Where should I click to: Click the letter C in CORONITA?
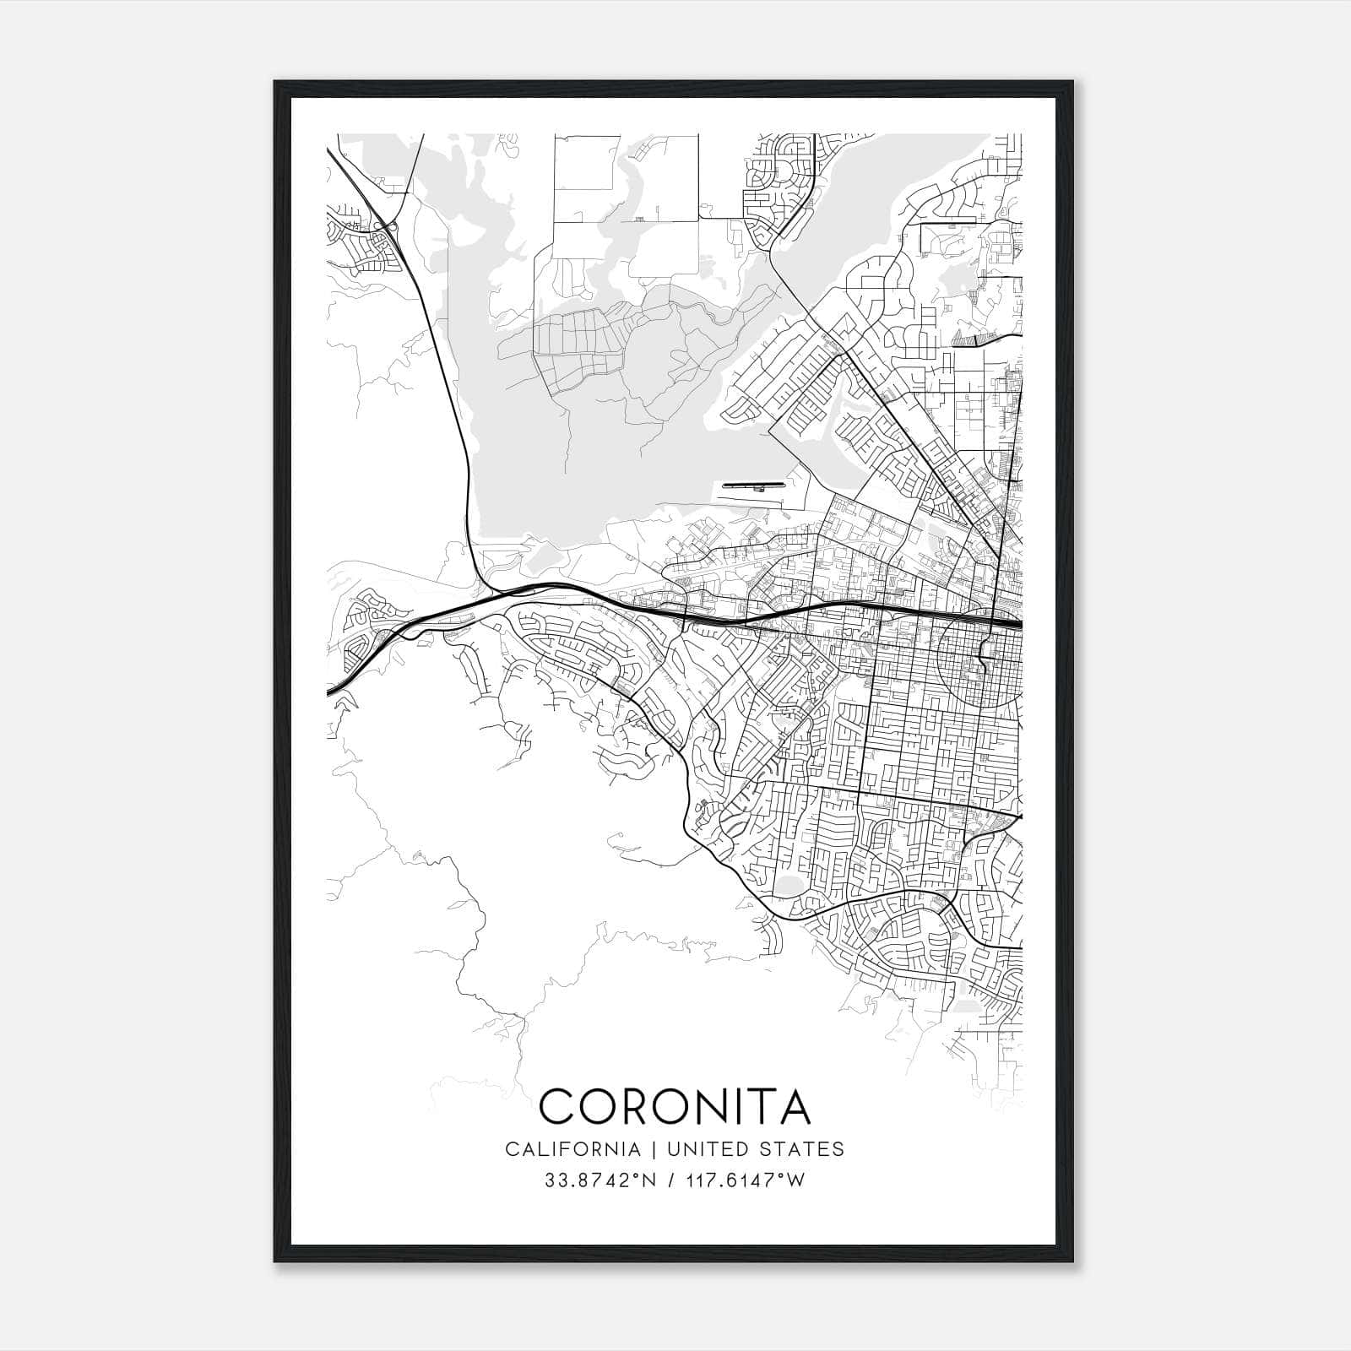(x=558, y=1107)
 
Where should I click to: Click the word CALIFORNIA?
(x=572, y=1149)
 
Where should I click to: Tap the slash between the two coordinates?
(x=670, y=1180)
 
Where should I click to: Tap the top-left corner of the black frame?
(x=276, y=83)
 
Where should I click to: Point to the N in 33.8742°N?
(x=650, y=1180)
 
